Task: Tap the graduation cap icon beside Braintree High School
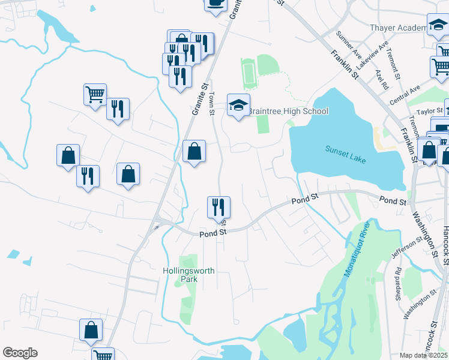coord(238,106)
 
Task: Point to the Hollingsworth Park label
coord(188,275)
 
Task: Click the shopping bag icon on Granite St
coord(194,152)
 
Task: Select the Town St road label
coord(212,104)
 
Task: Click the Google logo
coord(20,353)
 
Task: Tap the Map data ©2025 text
coord(423,355)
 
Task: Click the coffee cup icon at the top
coord(215,3)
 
